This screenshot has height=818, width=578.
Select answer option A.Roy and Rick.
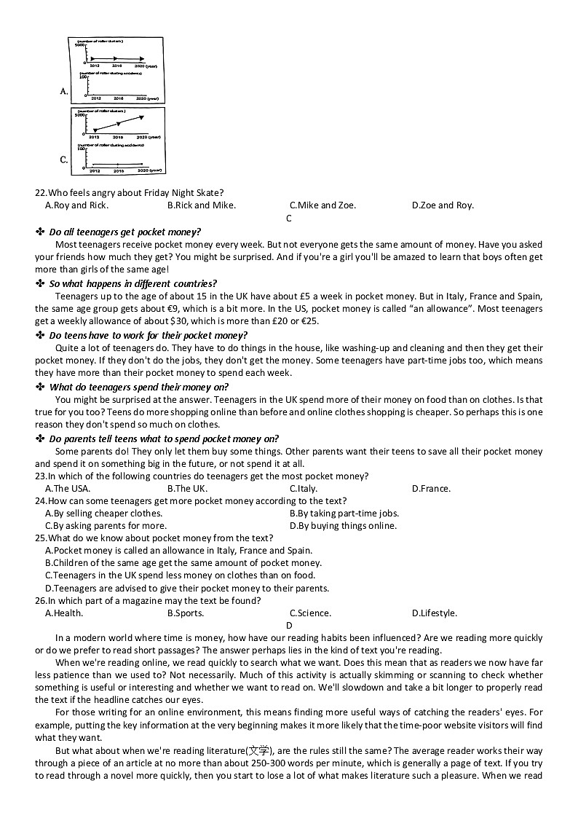[76, 205]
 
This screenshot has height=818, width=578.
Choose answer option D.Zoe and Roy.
[443, 205]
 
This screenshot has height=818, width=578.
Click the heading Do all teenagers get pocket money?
[124, 232]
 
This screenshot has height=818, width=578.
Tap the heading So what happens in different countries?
[132, 283]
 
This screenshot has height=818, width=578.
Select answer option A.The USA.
[68, 489]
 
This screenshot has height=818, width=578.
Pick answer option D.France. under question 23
[431, 489]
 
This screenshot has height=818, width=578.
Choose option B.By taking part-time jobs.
[344, 514]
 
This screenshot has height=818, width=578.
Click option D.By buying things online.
[343, 526]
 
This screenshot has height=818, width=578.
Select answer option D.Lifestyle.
[435, 613]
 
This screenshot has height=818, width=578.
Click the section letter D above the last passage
[289, 625]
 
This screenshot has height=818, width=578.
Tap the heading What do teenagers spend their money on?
[138, 387]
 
